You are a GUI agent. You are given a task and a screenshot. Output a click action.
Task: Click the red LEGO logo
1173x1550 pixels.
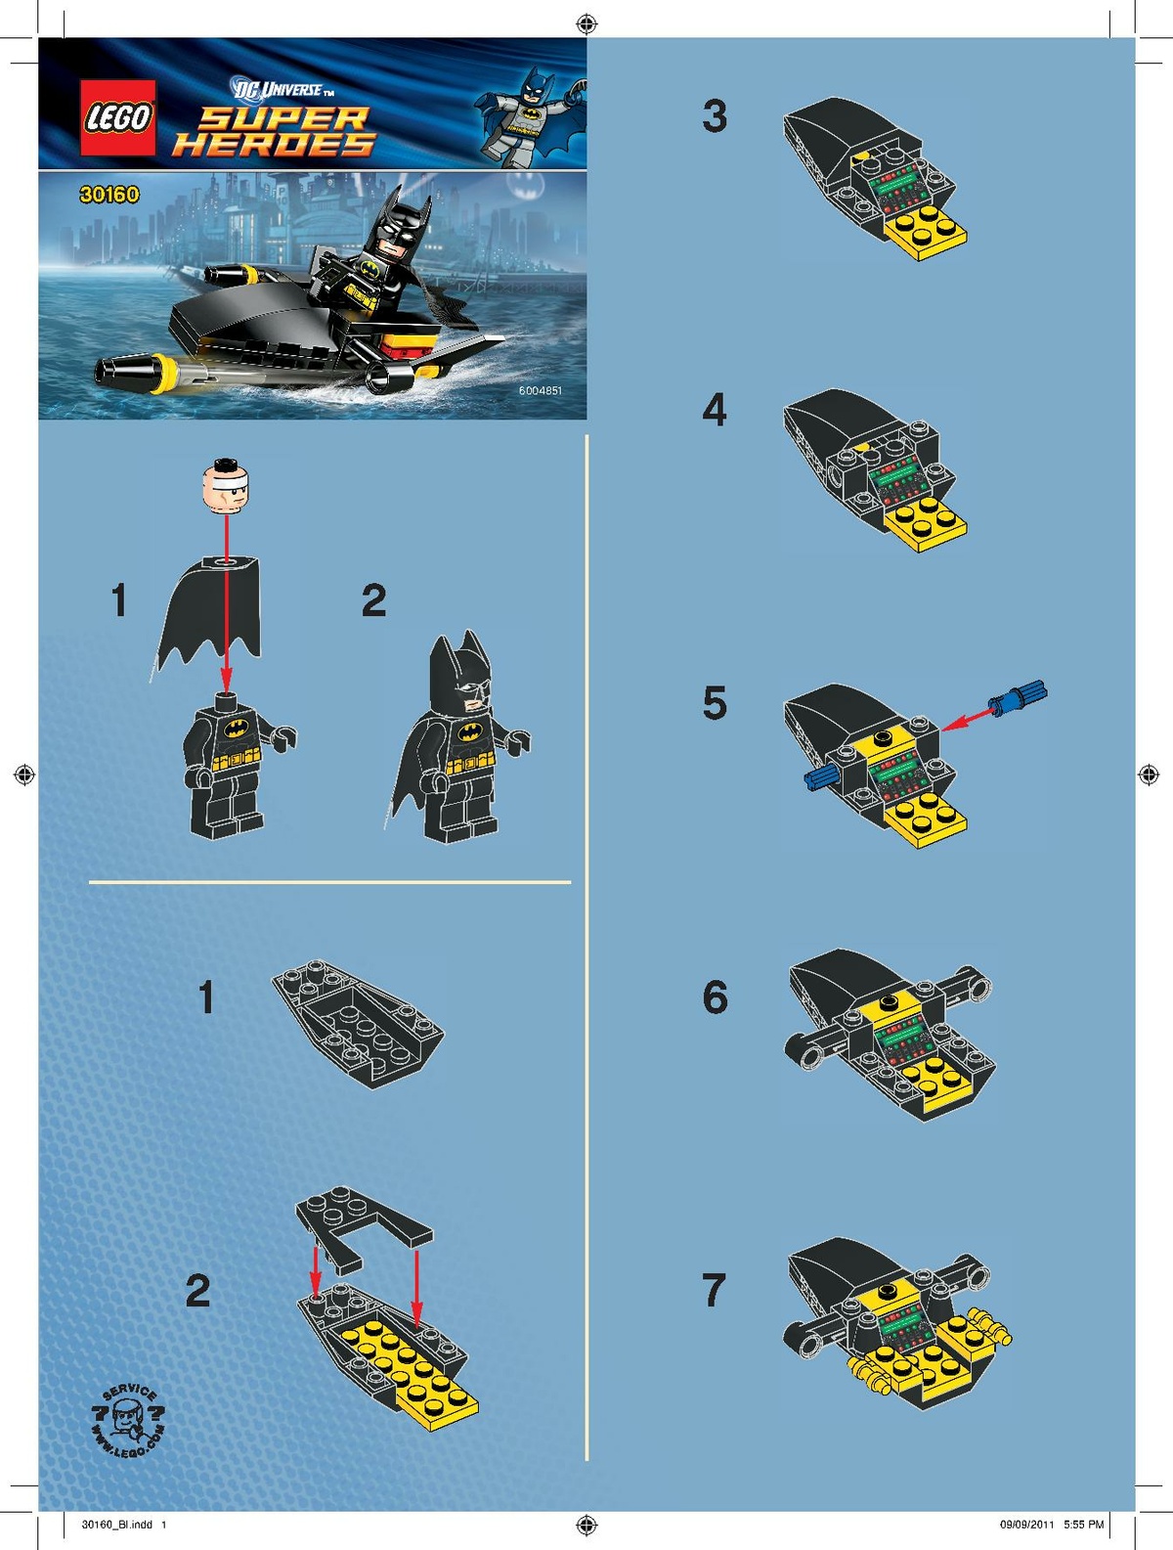117,116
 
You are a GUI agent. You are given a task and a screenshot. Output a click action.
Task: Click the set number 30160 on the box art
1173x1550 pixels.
109,195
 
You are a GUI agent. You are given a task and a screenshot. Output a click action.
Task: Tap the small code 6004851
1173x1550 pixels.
540,390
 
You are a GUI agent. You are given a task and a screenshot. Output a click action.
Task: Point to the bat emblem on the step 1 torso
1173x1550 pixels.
236,729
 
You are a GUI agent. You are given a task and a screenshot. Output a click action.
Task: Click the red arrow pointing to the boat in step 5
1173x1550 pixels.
967,720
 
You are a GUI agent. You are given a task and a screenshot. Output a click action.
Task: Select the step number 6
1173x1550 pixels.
715,997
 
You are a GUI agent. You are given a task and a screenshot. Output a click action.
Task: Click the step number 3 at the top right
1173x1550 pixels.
715,116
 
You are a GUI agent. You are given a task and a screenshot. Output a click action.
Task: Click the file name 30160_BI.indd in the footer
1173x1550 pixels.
117,1524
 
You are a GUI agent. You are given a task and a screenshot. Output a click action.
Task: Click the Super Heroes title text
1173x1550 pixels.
275,132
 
